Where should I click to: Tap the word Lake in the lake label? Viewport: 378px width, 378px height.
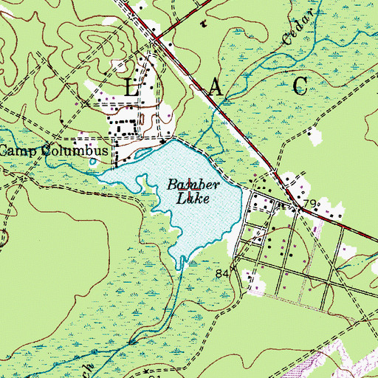[193, 197]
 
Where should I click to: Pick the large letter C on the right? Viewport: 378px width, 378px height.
[300, 86]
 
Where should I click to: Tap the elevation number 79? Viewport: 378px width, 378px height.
[311, 203]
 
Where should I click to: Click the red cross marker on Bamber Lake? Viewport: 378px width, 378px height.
[189, 183]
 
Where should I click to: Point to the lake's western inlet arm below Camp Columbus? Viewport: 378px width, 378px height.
[111, 176]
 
